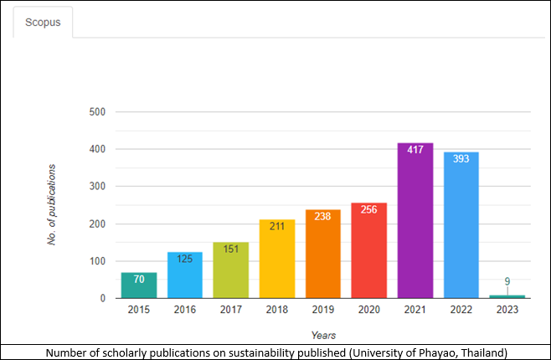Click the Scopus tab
[x=42, y=23]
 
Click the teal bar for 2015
[x=139, y=285]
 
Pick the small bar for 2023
[x=507, y=296]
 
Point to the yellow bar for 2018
[x=277, y=260]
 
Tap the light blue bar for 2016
[x=185, y=275]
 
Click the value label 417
[x=415, y=150]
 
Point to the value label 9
[x=507, y=281]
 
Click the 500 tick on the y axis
[x=97, y=111]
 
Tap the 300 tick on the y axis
[x=97, y=186]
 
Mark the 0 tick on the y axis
[x=102, y=298]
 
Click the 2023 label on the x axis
[x=507, y=310]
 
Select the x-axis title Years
[x=323, y=335]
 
